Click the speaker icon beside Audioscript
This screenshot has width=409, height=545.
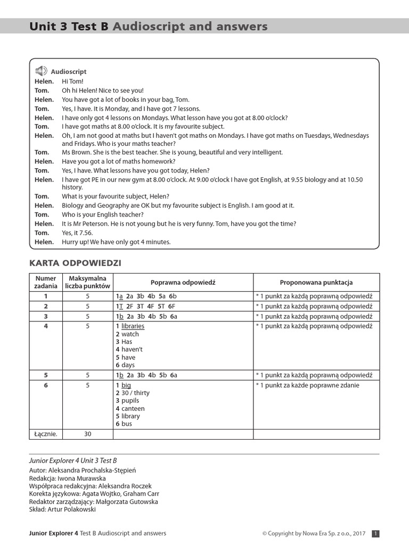[x=41, y=71]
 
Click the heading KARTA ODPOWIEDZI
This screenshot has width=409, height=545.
[x=75, y=263]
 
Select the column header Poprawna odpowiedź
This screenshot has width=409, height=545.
[x=183, y=283]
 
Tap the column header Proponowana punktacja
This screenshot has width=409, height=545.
[x=316, y=283]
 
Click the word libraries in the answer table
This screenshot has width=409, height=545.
[x=133, y=326]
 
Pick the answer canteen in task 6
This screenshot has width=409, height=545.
[x=133, y=408]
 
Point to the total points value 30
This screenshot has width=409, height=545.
[x=88, y=434]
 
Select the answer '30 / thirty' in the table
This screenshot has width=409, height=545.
[x=135, y=393]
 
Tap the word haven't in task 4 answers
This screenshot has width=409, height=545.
[x=132, y=349]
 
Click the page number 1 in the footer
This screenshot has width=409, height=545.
[x=375, y=533]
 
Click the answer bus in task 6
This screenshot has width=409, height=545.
[x=126, y=424]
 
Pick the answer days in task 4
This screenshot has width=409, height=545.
[x=128, y=365]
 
